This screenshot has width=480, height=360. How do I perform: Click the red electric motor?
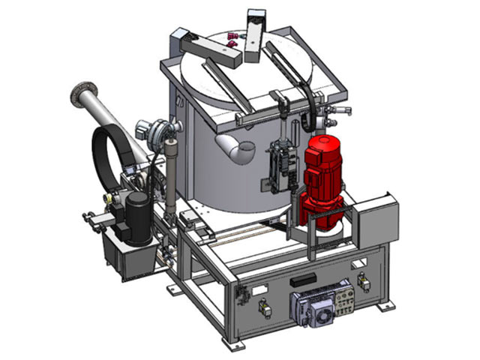(321, 177)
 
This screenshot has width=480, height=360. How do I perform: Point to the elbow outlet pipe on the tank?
(234, 147)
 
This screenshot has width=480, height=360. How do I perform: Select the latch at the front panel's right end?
(364, 281)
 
